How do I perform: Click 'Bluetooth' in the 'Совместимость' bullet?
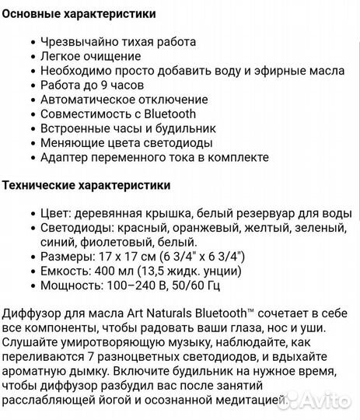169,114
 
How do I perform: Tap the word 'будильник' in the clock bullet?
190,128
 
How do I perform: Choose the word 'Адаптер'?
62,157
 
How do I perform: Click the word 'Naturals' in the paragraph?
156,313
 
